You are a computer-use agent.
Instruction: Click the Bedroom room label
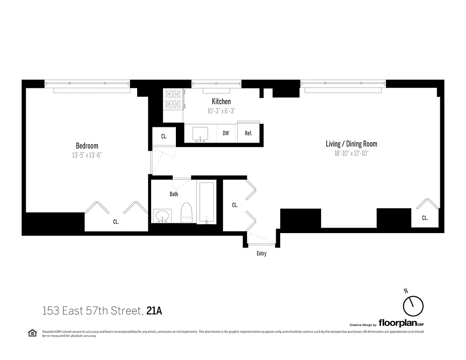[x=87, y=146]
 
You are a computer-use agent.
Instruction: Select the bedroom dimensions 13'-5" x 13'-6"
[x=87, y=155]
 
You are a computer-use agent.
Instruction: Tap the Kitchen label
[x=221, y=102]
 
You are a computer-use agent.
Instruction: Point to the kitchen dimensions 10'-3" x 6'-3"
[x=221, y=111]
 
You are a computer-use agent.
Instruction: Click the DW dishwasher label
[x=226, y=133]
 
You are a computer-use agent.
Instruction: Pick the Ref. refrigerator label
[x=248, y=133]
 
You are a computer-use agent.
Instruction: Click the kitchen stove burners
[x=173, y=99]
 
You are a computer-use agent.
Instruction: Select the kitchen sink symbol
[x=200, y=134]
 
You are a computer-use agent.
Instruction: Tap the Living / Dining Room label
[x=351, y=144]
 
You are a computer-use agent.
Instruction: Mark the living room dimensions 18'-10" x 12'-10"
[x=351, y=153]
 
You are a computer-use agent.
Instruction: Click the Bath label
[x=174, y=194]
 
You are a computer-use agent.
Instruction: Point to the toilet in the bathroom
[x=186, y=212]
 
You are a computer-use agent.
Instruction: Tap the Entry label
[x=261, y=254]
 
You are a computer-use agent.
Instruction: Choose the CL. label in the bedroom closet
[x=116, y=222]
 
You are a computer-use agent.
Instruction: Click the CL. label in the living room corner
[x=425, y=218]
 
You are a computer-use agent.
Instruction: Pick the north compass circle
[x=413, y=306]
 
